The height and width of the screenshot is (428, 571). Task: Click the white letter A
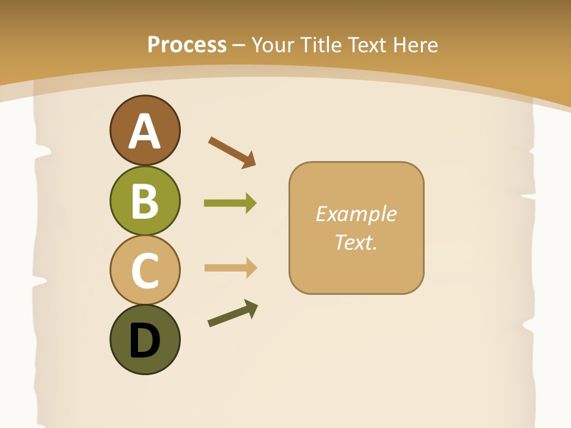(145, 131)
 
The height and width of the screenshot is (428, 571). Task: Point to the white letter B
(145, 201)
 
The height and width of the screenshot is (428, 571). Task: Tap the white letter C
(145, 270)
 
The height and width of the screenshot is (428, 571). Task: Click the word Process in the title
(187, 45)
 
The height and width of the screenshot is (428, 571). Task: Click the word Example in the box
(356, 214)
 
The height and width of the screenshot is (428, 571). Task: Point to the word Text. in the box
(356, 242)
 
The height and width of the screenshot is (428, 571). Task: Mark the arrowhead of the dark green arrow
(252, 308)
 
